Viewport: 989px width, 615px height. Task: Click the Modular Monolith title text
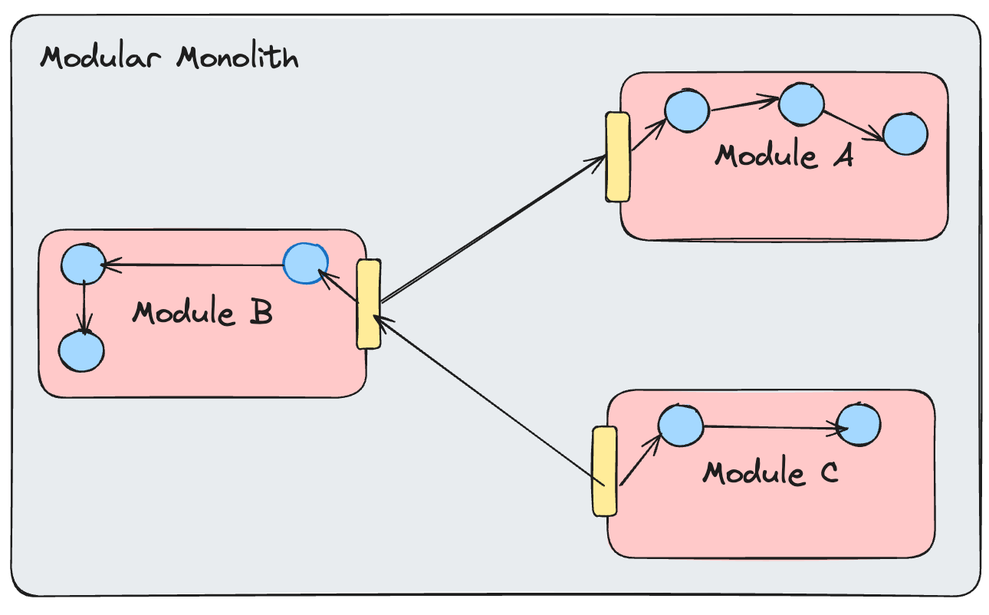(169, 58)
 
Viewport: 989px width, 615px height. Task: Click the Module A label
(784, 156)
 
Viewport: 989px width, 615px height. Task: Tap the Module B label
(202, 313)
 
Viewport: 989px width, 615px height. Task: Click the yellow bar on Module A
(618, 157)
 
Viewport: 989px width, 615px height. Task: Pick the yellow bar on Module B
(369, 304)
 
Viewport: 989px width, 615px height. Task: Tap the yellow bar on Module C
(604, 471)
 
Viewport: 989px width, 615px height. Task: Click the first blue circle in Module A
(687, 110)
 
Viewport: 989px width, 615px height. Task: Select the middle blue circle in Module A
(801, 104)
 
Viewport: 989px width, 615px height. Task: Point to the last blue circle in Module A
(905, 133)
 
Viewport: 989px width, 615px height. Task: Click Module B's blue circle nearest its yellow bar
(306, 264)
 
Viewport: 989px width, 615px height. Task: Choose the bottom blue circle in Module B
(81, 352)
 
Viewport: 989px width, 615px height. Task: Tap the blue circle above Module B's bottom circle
(82, 265)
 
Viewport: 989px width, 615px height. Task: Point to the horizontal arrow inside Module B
(192, 265)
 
